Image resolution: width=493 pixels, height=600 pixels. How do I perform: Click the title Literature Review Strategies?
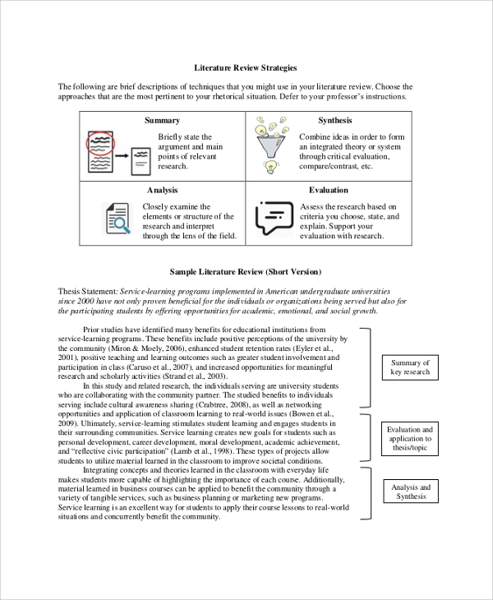[x=246, y=67]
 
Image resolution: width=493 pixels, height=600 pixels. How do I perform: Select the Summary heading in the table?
[x=162, y=120]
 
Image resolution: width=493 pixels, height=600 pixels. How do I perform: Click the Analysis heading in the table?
[x=162, y=190]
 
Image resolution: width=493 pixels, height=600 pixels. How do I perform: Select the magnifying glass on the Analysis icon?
[x=122, y=224]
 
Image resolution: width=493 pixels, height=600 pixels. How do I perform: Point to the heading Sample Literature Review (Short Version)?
[x=246, y=271]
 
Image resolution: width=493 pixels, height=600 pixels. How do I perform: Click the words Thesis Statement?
[x=88, y=291]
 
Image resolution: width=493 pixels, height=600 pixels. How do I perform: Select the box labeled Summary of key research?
[x=410, y=367]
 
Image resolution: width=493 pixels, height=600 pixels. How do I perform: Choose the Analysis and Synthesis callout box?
[x=410, y=492]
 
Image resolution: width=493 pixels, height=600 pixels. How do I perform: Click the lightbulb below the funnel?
[x=268, y=167]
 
